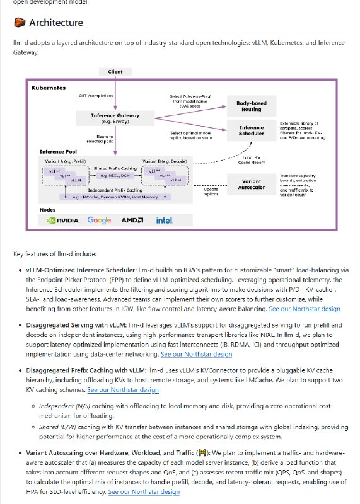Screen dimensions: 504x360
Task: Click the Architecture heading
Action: pyautogui.click(x=55, y=23)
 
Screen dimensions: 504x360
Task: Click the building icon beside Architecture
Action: pyautogui.click(x=19, y=23)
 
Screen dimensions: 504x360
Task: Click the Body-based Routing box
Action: pyautogui.click(x=252, y=105)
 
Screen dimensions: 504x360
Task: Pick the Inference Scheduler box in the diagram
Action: pyautogui.click(x=252, y=130)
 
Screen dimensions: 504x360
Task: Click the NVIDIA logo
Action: pyautogui.click(x=63, y=220)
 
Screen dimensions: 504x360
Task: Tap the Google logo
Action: pyautogui.click(x=100, y=220)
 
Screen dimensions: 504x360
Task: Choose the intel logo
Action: pyautogui.click(x=165, y=220)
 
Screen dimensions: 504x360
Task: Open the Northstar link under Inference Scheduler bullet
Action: pyautogui.click(x=305, y=309)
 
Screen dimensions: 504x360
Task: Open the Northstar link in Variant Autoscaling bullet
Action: pyautogui.click(x=144, y=492)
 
